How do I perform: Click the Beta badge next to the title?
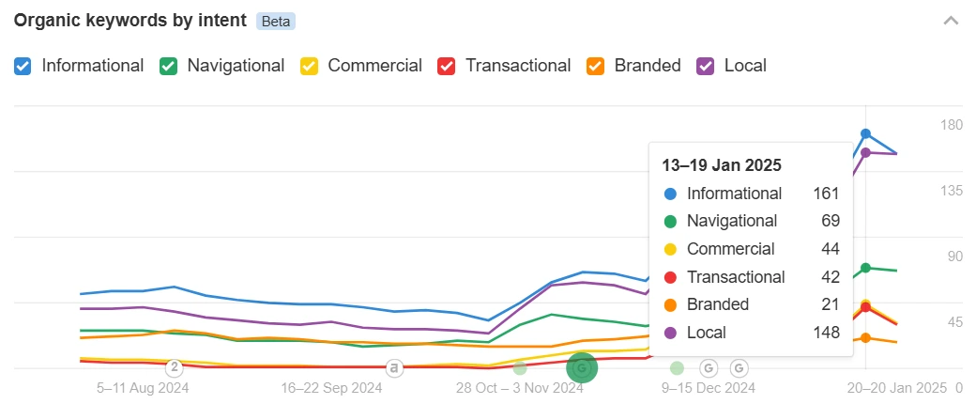point(276,21)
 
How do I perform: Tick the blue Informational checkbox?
point(24,66)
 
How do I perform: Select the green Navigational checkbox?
point(169,66)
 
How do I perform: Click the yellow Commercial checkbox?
point(310,66)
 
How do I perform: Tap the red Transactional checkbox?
point(448,66)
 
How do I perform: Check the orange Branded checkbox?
point(596,66)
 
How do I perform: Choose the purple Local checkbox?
point(707,66)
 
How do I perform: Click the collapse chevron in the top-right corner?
point(951,21)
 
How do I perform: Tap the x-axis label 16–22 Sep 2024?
point(331,387)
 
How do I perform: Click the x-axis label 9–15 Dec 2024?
point(708,387)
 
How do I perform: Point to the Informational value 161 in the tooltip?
point(826,194)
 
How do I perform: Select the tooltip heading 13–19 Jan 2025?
point(722,165)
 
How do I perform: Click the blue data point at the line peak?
point(865,134)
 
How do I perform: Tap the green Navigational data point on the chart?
point(865,268)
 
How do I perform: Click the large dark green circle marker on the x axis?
point(582,368)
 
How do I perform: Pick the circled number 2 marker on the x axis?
point(175,367)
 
